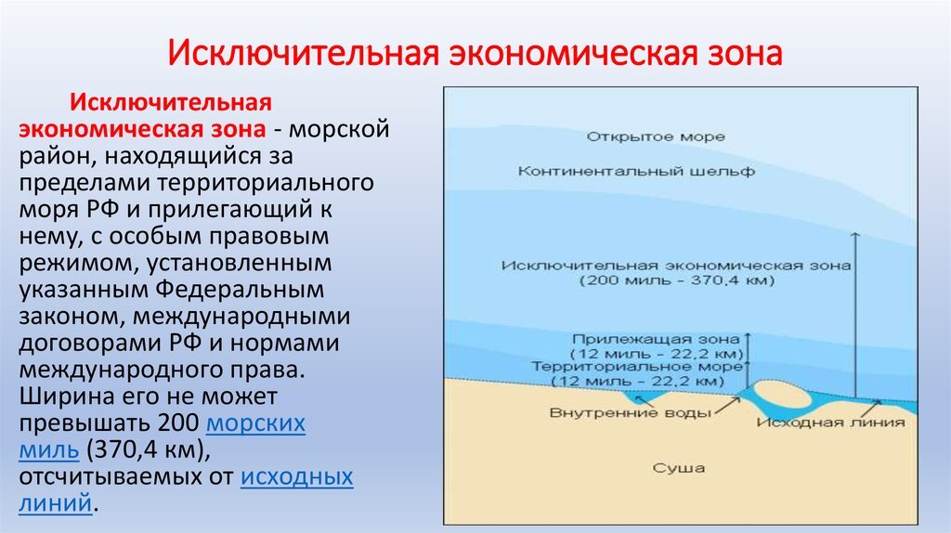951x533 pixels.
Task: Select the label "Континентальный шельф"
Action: tap(636, 172)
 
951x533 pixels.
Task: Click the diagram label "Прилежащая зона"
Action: tap(656, 339)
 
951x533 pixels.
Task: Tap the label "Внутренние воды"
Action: tap(631, 413)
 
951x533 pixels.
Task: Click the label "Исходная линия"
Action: tap(830, 422)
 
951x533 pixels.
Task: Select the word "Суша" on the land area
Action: tap(678, 468)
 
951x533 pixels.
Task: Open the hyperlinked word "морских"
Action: tap(254, 422)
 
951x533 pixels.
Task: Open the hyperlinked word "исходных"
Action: tap(297, 476)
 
